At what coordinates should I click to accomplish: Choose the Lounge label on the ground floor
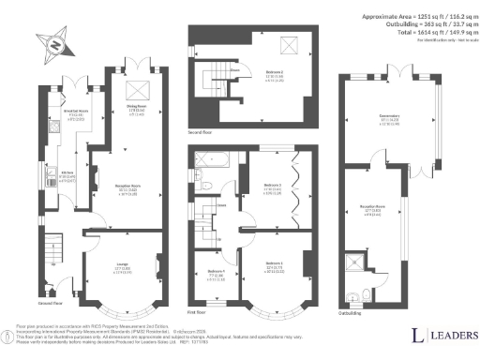point(123,267)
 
